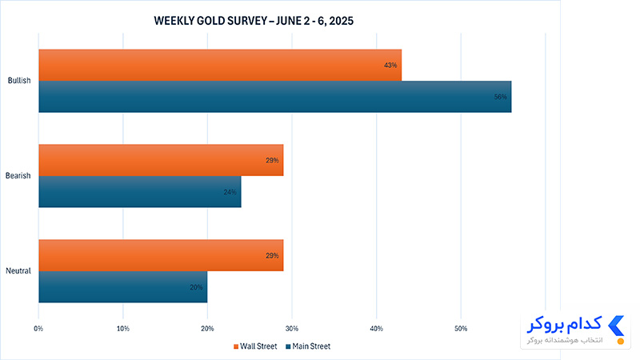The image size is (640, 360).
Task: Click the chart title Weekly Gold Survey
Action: (x=254, y=21)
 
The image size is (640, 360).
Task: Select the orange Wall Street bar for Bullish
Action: (x=220, y=66)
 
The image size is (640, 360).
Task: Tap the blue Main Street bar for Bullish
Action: (x=275, y=97)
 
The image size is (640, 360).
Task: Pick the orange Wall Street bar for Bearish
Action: (x=162, y=160)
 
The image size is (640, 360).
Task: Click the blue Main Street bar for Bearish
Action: (x=140, y=191)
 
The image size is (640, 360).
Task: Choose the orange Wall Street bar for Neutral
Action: (x=162, y=255)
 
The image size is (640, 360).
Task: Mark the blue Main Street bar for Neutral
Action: (x=123, y=286)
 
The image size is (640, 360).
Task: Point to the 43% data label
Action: (x=390, y=66)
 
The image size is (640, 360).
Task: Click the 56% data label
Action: (x=501, y=97)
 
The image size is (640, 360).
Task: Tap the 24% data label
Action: (x=230, y=192)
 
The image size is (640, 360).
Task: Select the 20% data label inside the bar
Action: (x=196, y=287)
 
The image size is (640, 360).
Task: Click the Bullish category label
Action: (x=19, y=81)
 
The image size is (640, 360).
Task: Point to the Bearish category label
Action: (x=18, y=175)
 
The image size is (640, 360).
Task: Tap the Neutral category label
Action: (x=18, y=270)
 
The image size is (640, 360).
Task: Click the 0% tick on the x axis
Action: (x=38, y=329)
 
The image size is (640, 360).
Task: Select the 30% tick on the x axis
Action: (x=292, y=329)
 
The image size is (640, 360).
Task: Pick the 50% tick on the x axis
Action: (x=461, y=329)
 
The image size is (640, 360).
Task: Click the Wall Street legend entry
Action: (x=255, y=346)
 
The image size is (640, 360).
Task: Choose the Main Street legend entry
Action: (x=308, y=346)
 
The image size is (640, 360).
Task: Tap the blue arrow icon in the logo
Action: (x=616, y=326)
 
